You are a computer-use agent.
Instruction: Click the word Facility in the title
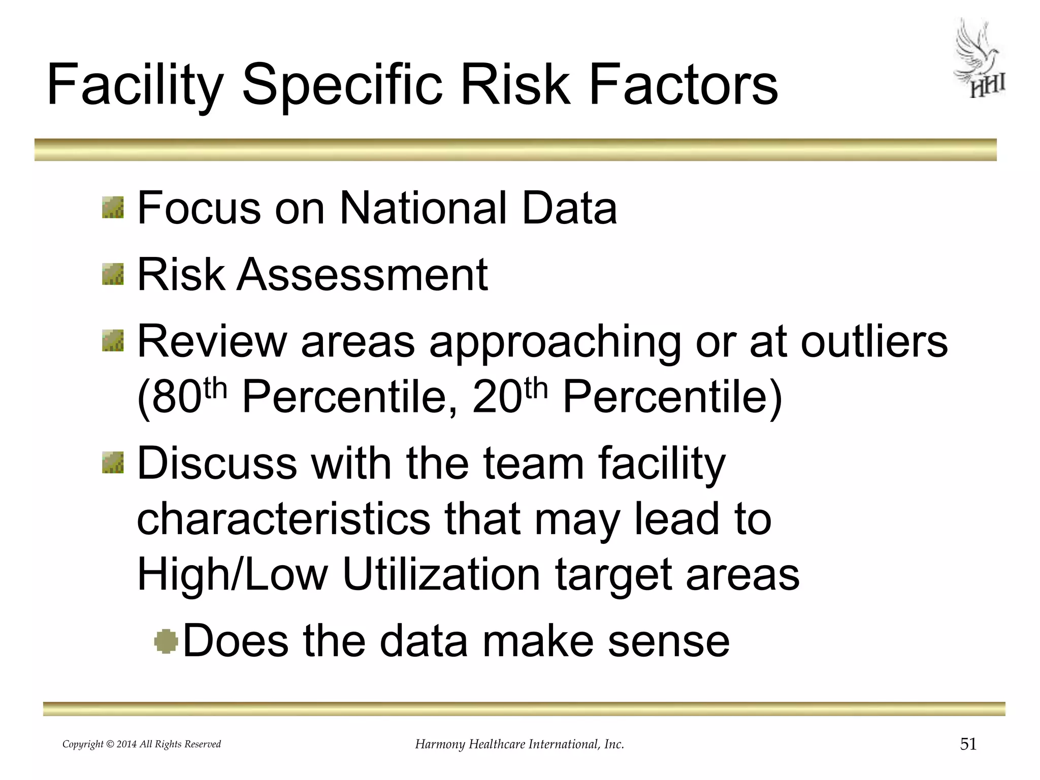click(135, 85)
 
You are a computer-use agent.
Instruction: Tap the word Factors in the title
click(683, 85)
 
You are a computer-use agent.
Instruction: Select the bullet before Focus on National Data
click(113, 208)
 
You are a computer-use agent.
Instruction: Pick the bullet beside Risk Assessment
click(113, 274)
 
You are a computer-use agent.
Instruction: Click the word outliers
click(874, 342)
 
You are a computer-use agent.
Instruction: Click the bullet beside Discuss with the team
click(113, 462)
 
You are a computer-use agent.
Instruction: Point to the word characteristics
click(283, 519)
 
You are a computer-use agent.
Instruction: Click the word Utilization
click(441, 574)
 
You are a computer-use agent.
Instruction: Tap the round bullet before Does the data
click(166, 641)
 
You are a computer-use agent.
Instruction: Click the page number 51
click(968, 744)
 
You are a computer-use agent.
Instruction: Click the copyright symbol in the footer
click(110, 744)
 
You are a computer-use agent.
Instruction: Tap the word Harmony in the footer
click(440, 744)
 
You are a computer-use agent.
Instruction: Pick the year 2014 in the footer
click(126, 744)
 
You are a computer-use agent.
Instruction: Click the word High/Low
click(233, 574)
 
